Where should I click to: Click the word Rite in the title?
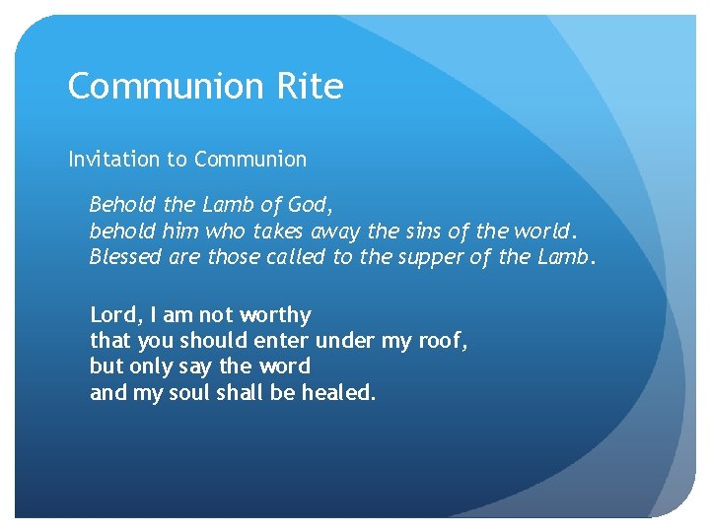tap(310, 87)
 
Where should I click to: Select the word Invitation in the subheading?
tap(113, 159)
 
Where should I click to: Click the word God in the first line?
tap(310, 205)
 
